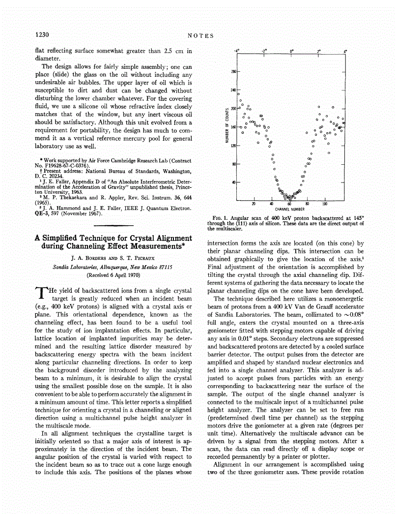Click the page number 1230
[41, 35]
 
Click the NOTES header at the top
[201, 35]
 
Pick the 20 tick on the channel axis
[254, 203]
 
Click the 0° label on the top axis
[291, 51]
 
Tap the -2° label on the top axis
[264, 51]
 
